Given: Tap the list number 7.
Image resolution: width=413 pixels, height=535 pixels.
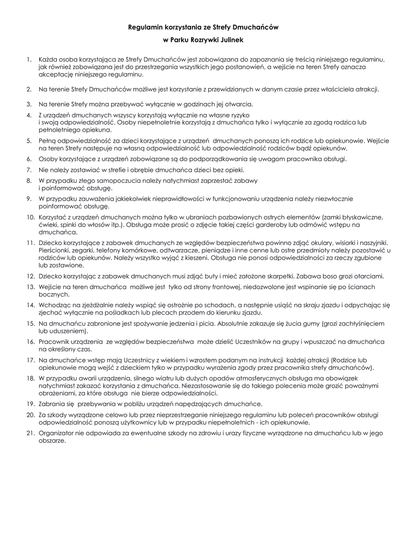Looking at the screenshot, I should pos(29,170).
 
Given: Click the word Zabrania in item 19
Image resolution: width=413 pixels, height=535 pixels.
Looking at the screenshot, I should pos(52,404).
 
